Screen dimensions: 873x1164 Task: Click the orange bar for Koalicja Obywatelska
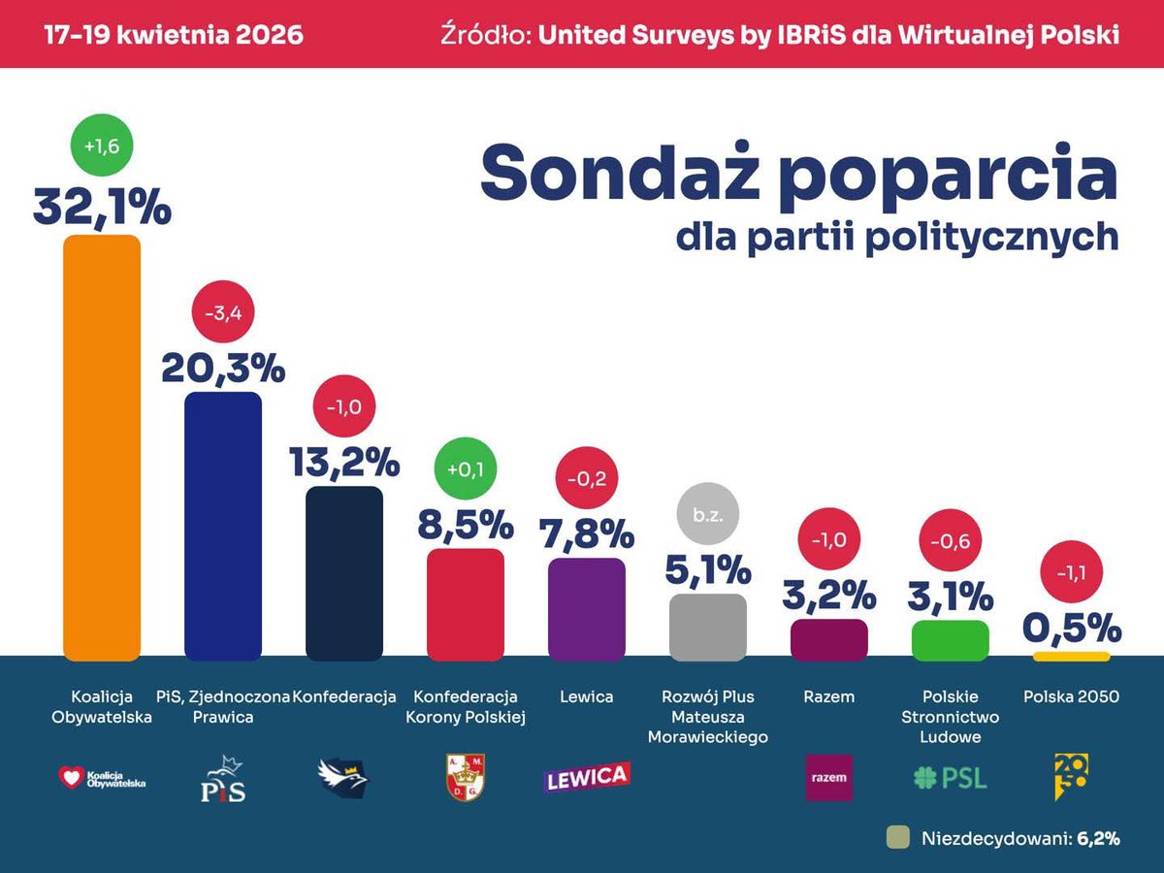102,446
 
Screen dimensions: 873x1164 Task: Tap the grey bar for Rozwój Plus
708,627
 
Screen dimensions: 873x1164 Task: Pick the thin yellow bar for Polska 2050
1072,657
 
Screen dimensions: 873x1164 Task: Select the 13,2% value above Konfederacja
344,462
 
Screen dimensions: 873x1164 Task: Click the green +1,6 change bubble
102,146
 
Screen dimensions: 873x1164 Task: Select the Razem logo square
829,777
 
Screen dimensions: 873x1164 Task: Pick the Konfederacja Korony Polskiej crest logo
466,778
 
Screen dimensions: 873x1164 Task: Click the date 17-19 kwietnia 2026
174,35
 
